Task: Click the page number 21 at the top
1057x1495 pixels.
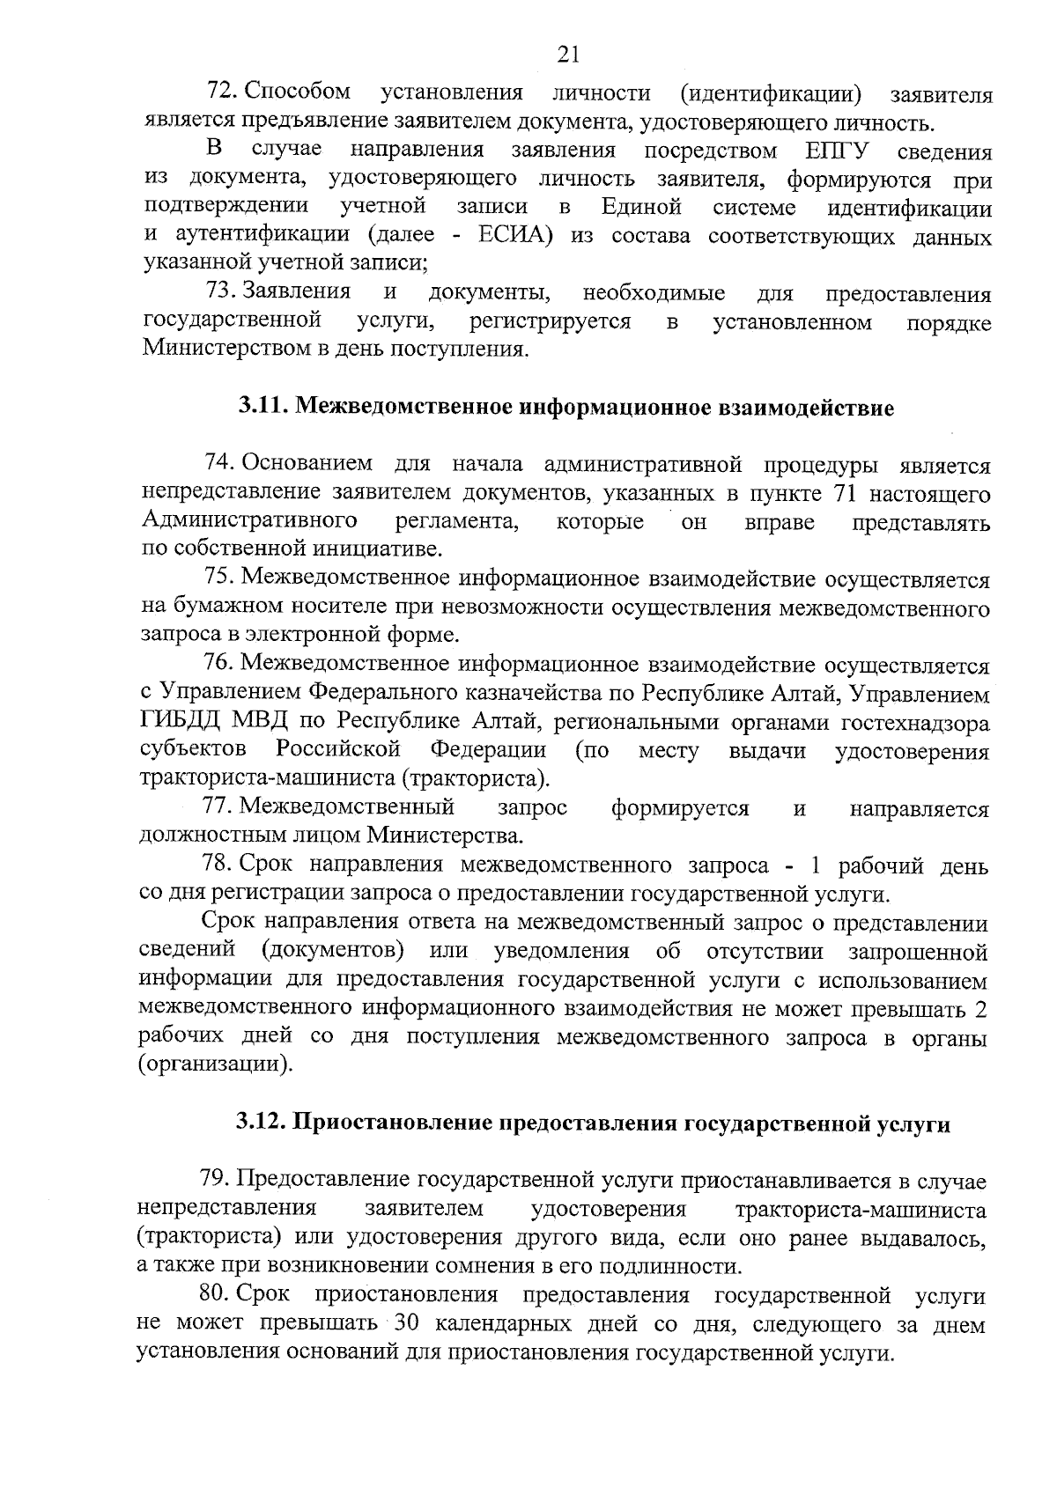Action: pos(568,55)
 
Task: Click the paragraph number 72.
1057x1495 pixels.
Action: pos(219,92)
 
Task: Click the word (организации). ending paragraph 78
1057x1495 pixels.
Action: pos(215,1064)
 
